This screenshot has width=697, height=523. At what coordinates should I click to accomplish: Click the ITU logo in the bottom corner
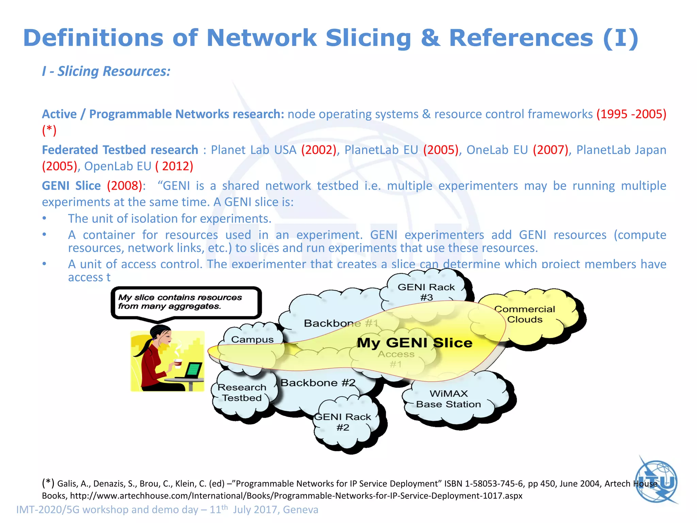[x=657, y=481]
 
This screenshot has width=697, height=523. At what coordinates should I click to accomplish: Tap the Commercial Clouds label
[x=524, y=314]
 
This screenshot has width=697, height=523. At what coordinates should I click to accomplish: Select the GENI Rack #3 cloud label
[x=426, y=292]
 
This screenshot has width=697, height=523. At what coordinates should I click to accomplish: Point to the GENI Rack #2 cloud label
[x=343, y=422]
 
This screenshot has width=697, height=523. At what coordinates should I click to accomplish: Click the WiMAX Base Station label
[x=449, y=399]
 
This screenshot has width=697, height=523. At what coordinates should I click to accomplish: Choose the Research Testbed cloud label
[x=242, y=393]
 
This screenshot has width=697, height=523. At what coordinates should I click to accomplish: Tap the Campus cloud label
[x=252, y=339]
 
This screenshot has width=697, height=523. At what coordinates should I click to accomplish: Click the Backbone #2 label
[x=318, y=383]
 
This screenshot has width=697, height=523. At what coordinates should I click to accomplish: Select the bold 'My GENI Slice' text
[x=415, y=343]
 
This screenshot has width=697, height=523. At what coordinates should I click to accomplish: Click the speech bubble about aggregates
[x=186, y=302]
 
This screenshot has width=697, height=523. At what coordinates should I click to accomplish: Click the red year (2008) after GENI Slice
[x=125, y=186]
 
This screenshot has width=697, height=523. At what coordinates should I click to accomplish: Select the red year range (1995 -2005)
[x=631, y=114]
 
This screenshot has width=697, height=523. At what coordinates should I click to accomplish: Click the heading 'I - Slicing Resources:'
[x=106, y=71]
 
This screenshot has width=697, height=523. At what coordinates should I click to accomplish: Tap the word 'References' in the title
[x=521, y=38]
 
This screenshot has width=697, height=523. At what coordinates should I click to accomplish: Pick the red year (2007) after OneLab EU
[x=551, y=150]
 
